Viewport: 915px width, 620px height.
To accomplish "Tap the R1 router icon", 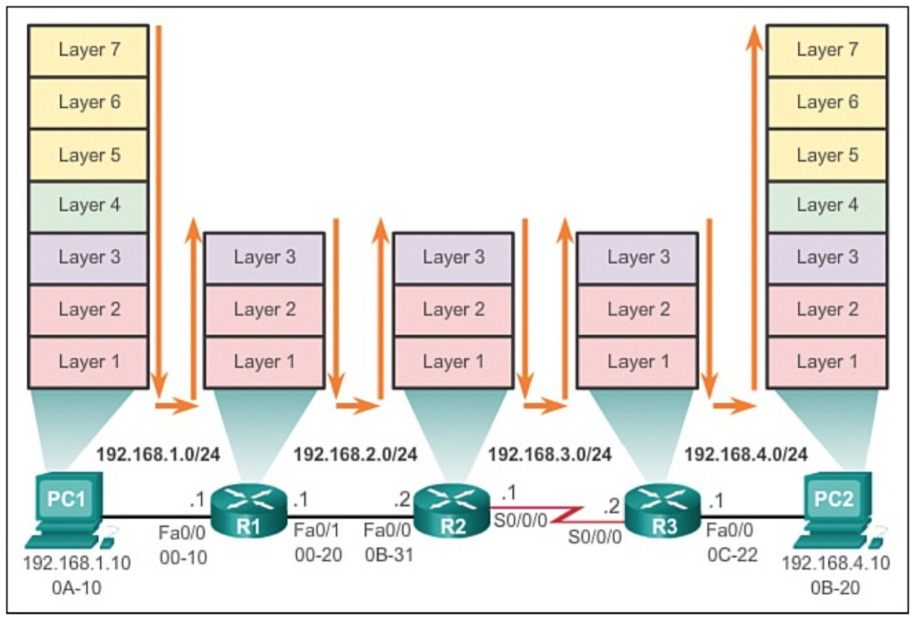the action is [x=248, y=511].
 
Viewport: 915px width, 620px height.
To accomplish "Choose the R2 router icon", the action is [x=452, y=511].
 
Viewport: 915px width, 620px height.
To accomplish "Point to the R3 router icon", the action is [x=663, y=511].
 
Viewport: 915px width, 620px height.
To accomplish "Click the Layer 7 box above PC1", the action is [x=88, y=50].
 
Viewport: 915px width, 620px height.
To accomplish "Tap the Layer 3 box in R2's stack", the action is [x=453, y=258].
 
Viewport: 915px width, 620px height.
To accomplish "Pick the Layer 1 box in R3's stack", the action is [x=638, y=362].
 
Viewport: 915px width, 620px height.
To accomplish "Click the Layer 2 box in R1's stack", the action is [x=264, y=310].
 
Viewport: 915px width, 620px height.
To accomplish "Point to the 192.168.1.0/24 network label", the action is [x=158, y=455].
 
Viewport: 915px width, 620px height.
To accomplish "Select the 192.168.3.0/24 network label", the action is [x=550, y=455].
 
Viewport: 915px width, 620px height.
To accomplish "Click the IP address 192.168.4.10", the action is [x=835, y=563].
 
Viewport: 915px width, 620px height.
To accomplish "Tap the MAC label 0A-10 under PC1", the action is [x=77, y=587].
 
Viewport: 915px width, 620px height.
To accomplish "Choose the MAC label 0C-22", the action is [x=733, y=555].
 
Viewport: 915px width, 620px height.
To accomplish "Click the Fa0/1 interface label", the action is [x=316, y=530].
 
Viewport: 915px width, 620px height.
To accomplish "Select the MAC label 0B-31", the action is [x=390, y=555].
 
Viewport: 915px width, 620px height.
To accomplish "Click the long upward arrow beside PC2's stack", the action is [x=754, y=207].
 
